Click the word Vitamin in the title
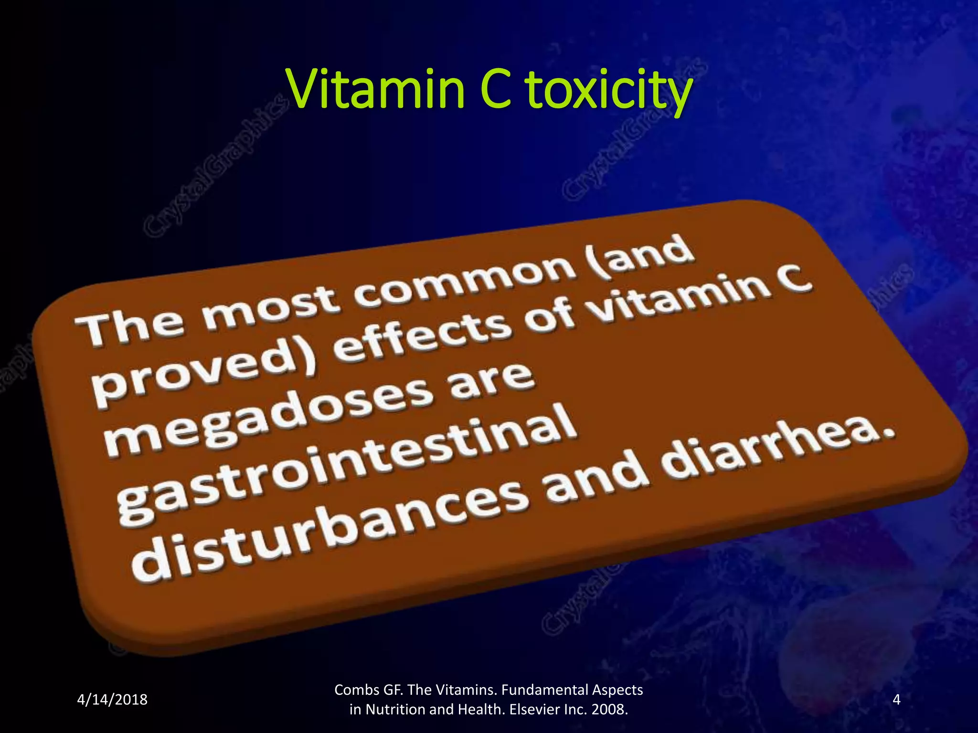pos(375,89)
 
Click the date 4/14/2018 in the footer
pos(112,700)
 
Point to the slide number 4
pos(896,700)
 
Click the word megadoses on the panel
pos(267,414)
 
